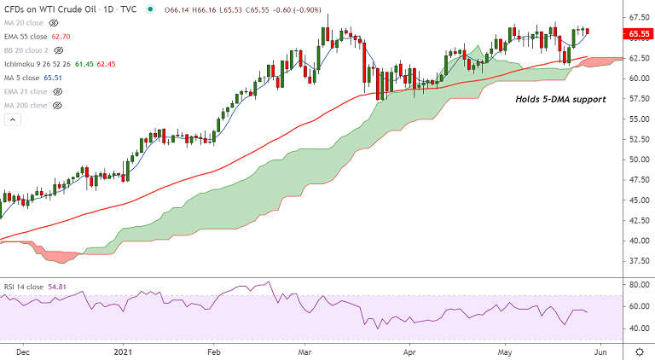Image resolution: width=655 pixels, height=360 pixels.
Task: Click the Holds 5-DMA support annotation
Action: (560, 100)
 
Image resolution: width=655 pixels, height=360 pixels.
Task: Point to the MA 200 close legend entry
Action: (26, 105)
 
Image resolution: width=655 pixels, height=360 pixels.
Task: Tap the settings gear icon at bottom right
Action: (638, 351)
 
